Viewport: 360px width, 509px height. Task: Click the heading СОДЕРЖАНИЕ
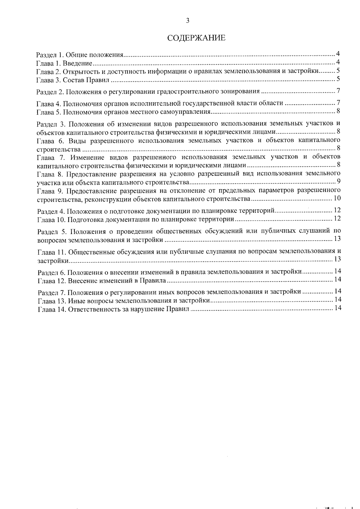(x=196, y=38)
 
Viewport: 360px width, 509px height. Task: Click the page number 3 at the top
(x=187, y=20)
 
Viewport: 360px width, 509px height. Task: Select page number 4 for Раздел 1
(x=338, y=54)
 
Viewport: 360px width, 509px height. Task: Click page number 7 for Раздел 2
(x=338, y=91)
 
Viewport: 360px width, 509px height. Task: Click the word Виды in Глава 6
(x=76, y=140)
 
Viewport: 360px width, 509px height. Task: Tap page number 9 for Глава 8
(x=338, y=181)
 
